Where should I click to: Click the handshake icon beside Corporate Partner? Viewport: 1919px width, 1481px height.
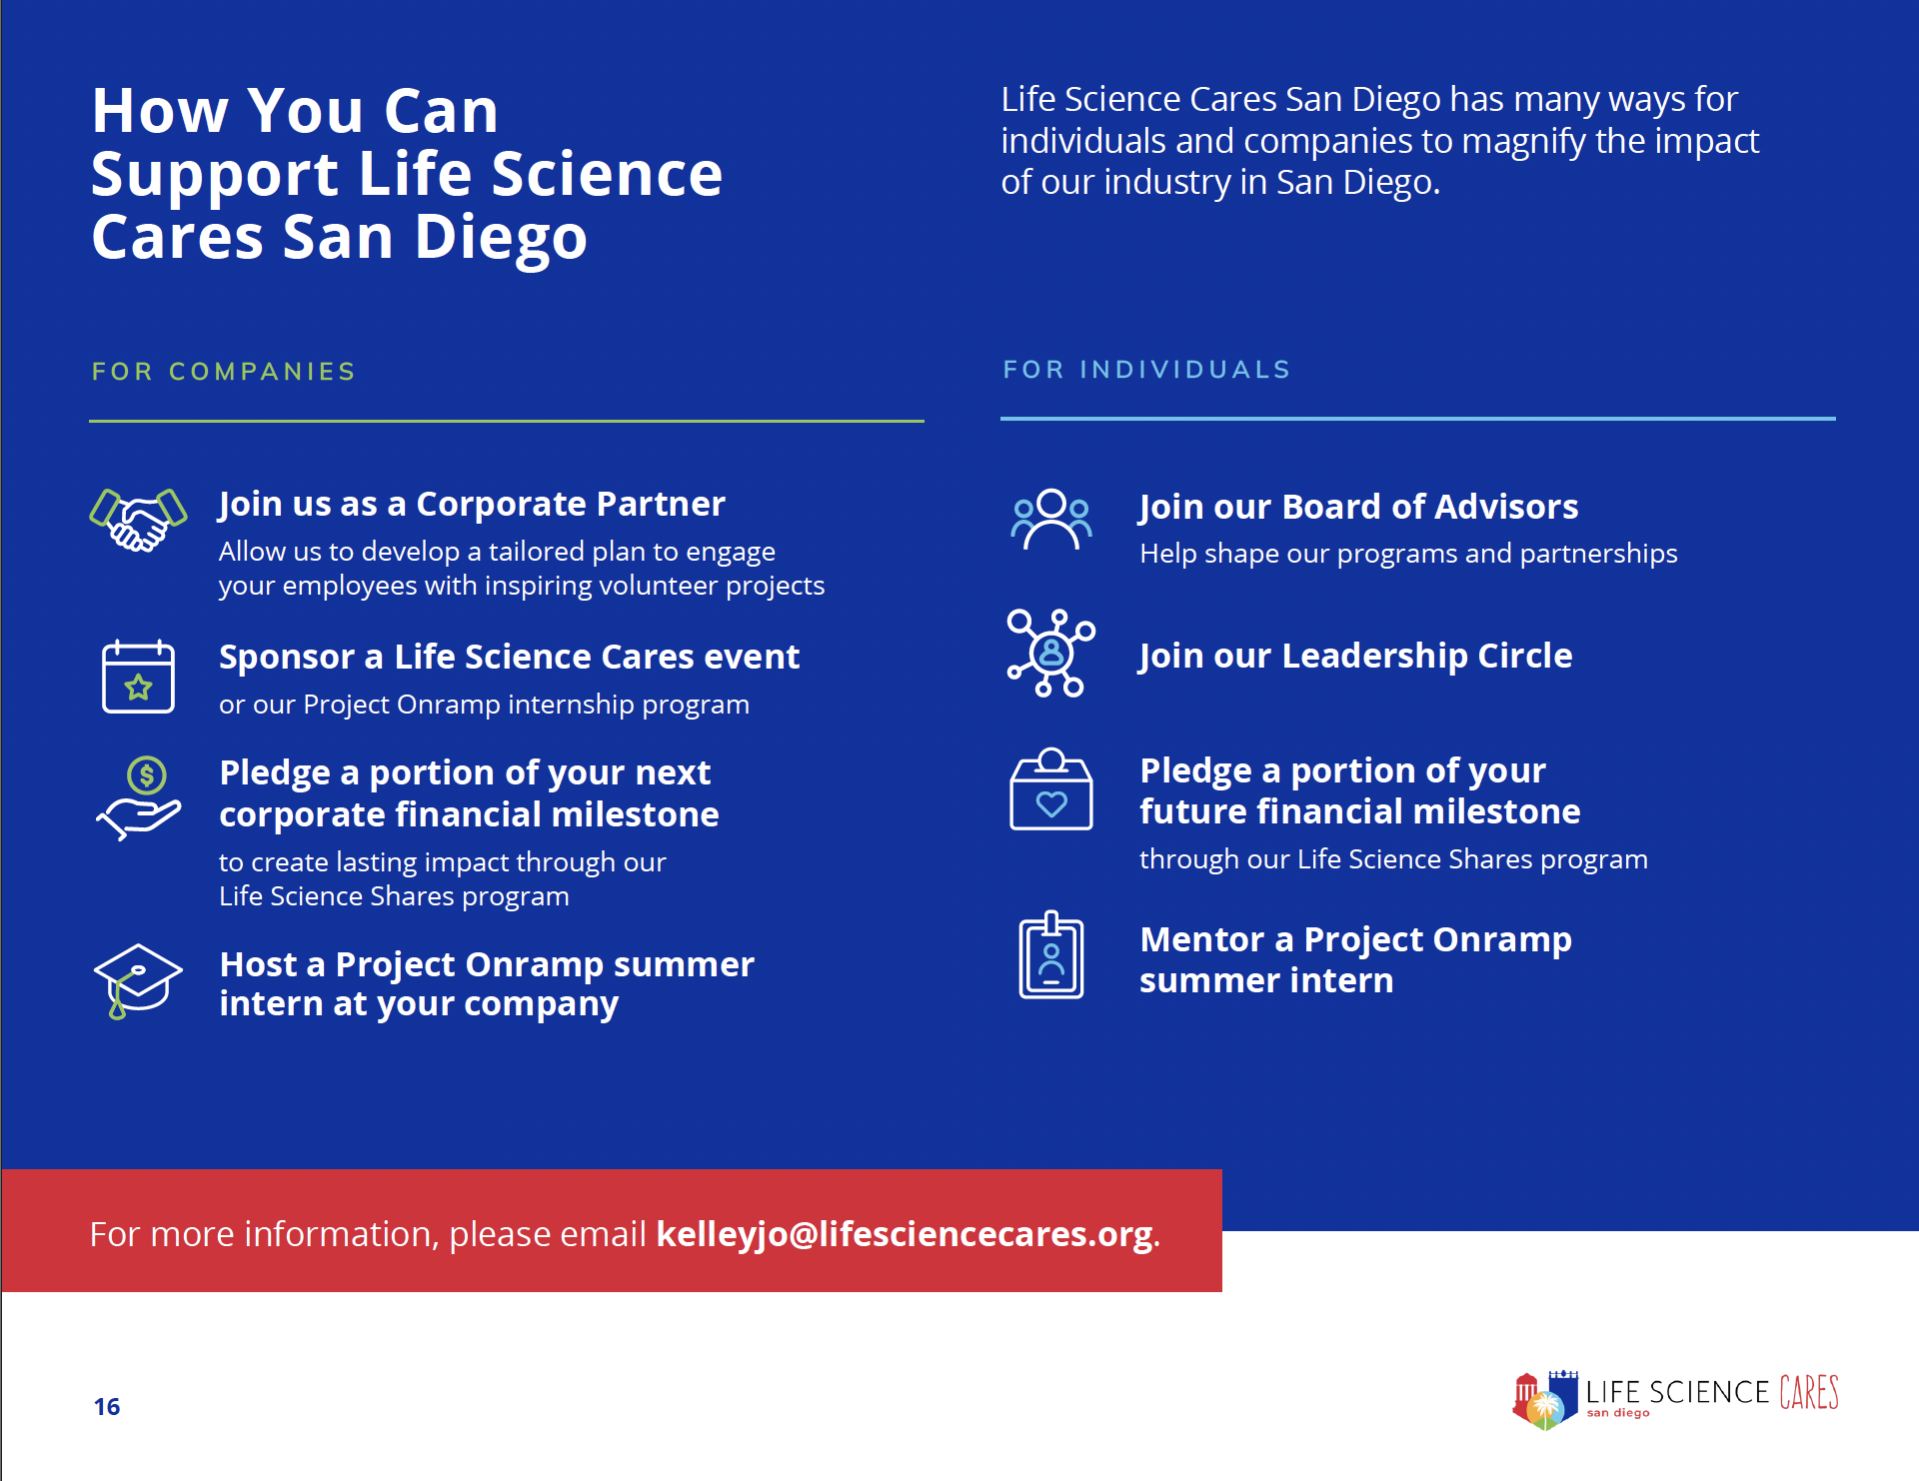[138, 520]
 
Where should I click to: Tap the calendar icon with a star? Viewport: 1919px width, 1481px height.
[138, 677]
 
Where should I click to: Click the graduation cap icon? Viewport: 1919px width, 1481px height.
[138, 980]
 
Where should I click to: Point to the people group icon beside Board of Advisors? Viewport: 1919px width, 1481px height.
[1050, 519]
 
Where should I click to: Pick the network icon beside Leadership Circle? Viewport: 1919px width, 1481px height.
[1050, 653]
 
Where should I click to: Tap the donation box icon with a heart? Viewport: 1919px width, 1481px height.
[1050, 789]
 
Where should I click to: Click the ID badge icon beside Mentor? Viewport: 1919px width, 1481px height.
[1050, 954]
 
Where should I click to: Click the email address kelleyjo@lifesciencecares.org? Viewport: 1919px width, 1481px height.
[905, 1234]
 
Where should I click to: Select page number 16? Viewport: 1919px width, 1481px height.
[107, 1407]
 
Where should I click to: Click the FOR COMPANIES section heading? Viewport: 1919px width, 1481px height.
[224, 372]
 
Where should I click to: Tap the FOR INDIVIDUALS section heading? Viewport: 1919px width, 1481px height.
[1147, 370]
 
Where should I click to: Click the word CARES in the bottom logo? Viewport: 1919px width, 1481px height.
[1809, 1392]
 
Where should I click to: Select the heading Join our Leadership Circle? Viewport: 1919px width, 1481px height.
[1356, 656]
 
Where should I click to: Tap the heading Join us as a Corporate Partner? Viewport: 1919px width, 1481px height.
[472, 504]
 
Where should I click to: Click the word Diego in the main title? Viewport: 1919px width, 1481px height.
[501, 238]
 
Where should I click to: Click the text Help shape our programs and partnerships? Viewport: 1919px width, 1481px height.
[1408, 554]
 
